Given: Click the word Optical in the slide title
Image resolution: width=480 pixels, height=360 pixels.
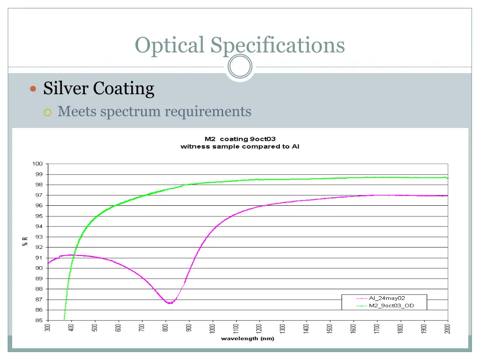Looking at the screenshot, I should [170, 45].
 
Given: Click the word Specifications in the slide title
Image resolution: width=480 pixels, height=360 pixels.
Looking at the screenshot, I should [277, 45].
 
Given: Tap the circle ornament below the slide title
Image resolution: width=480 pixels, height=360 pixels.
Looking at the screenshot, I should [240, 67].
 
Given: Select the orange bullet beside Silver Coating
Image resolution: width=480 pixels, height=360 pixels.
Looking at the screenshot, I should [33, 89].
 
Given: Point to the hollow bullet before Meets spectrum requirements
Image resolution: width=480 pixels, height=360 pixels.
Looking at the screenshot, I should [48, 112].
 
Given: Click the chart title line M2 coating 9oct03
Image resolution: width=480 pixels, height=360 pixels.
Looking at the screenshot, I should [240, 139].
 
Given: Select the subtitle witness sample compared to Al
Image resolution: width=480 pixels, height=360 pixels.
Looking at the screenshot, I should [240, 146].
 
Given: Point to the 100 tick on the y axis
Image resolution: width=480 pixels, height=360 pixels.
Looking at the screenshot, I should [37, 164].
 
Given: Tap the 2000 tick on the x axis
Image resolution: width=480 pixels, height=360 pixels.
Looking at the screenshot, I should [448, 329].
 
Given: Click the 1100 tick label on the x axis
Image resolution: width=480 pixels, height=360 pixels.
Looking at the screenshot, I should [236, 329].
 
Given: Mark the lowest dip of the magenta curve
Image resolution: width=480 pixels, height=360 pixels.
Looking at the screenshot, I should [170, 303].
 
